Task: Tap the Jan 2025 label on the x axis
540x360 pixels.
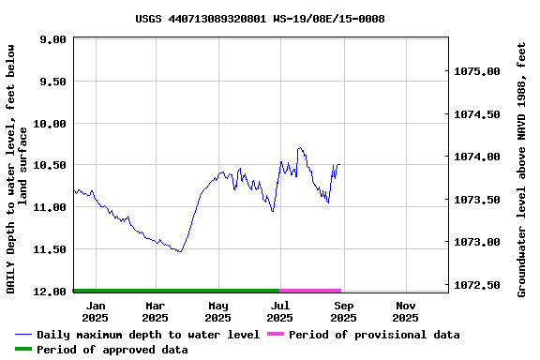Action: tap(96, 311)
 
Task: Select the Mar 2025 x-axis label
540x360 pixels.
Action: tap(156, 311)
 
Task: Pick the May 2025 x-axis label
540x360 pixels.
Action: tap(217, 311)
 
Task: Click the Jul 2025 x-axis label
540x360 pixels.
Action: tap(279, 311)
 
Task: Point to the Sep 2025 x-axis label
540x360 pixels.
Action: tap(343, 311)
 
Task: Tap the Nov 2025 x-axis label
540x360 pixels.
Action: tap(405, 311)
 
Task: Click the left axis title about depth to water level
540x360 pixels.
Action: tap(17, 169)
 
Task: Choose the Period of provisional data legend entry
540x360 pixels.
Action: tap(374, 335)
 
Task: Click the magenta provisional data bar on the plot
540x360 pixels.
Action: tap(310, 291)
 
